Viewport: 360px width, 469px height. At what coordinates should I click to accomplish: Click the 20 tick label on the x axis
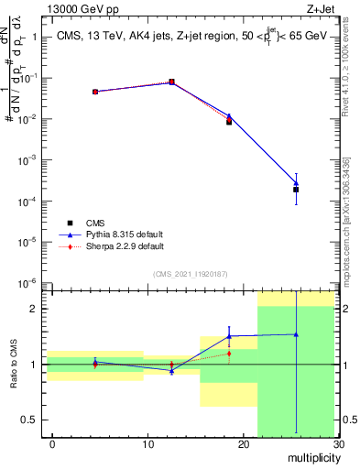[x=243, y=444]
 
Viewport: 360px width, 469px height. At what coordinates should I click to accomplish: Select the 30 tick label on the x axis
[x=338, y=444]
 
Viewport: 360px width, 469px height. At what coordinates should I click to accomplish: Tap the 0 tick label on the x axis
[x=52, y=444]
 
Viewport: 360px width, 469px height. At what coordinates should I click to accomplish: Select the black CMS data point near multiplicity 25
[x=296, y=190]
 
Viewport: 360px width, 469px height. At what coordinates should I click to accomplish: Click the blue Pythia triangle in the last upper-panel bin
[x=296, y=183]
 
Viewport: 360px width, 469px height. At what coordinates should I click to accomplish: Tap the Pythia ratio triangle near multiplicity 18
[x=229, y=336]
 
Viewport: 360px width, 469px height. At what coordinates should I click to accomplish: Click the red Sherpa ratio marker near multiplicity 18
[x=229, y=354]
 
